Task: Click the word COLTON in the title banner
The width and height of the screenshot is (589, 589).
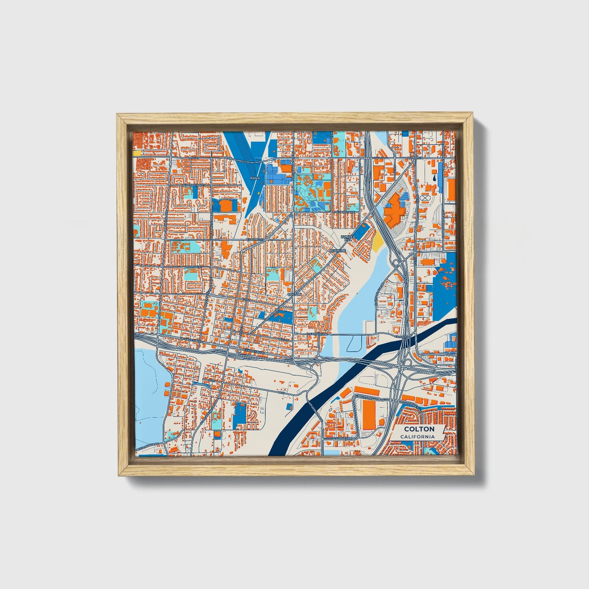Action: (x=419, y=429)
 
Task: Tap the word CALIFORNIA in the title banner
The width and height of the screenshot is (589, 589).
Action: (x=417, y=437)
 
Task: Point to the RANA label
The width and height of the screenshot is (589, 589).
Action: (x=255, y=178)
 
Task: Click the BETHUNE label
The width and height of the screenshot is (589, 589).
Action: (x=338, y=250)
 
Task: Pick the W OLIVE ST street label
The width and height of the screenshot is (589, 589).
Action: (x=193, y=267)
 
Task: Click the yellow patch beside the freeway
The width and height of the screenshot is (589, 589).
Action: (x=378, y=243)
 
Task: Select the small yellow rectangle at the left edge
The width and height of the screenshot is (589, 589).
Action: (x=137, y=153)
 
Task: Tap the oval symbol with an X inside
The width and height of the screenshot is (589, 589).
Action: (x=426, y=198)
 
